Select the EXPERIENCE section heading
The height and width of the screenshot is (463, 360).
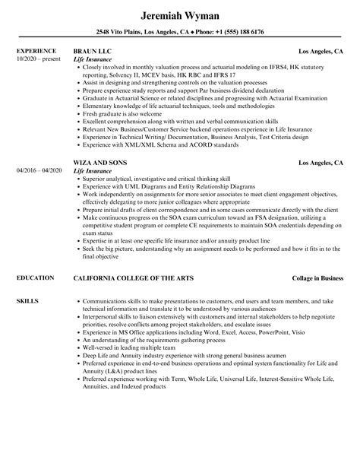pyautogui.click(x=35, y=51)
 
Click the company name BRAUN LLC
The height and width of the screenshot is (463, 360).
pyautogui.click(x=96, y=51)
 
